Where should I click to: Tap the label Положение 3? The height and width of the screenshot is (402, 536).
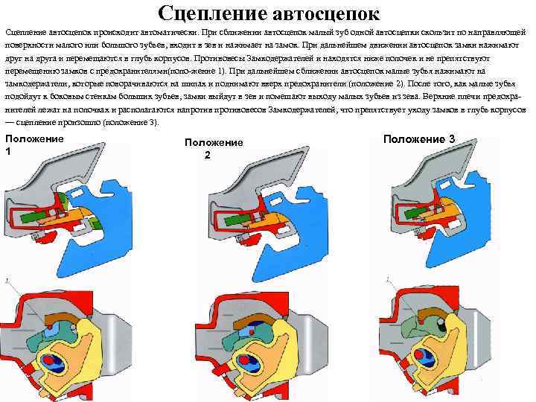tap(419, 139)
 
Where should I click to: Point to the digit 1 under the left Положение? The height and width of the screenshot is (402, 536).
tap(8, 152)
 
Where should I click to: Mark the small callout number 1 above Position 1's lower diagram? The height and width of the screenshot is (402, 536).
tap(8, 280)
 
